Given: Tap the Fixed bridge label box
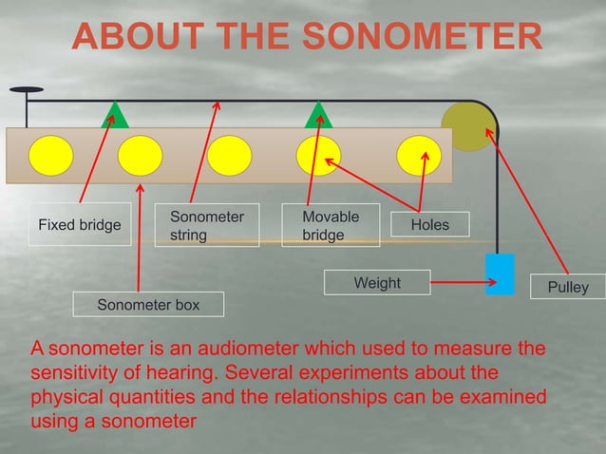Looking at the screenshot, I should point(79,225).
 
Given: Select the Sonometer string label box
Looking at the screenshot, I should point(206,225).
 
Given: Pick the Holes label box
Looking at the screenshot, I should point(429,225).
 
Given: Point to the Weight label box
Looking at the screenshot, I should point(377,283).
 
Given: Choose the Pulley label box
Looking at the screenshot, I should point(568,287).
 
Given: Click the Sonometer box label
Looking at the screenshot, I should point(148,305).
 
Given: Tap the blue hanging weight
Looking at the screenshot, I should point(499,274).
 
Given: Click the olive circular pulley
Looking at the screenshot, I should point(468,125).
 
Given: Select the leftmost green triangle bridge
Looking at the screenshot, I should point(116,114).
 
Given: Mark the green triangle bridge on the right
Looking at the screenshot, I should point(318,114).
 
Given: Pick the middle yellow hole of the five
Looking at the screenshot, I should point(229,156).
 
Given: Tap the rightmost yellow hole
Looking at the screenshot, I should point(419,156).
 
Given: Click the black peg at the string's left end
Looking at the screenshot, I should point(26,91).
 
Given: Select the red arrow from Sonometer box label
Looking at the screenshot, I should point(140,237).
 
